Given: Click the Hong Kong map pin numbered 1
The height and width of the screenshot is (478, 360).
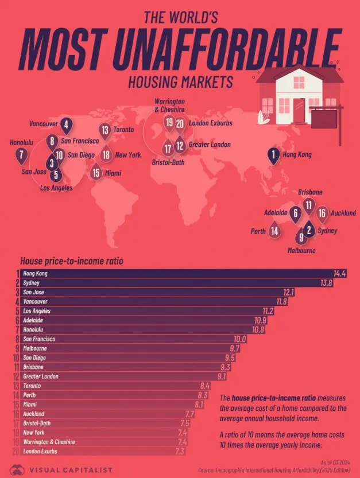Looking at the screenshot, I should tap(274, 155).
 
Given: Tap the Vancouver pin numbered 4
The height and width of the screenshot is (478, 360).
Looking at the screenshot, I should tap(67, 124).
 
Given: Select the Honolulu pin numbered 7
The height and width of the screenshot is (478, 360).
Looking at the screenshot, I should tap(22, 154).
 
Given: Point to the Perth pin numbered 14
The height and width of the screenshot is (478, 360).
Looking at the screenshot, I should tap(275, 231).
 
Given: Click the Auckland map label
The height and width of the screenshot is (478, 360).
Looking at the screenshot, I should tap(343, 213).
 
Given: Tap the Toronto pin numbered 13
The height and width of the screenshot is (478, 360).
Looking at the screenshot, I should tap(105, 130).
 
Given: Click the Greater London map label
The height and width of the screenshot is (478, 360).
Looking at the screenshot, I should tap(210, 145).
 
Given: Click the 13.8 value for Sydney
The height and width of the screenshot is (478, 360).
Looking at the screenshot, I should tap(326, 283).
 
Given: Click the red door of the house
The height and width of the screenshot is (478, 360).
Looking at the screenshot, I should tap(299, 108).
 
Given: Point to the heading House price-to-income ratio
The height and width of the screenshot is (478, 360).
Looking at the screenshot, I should tap(71, 261).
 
